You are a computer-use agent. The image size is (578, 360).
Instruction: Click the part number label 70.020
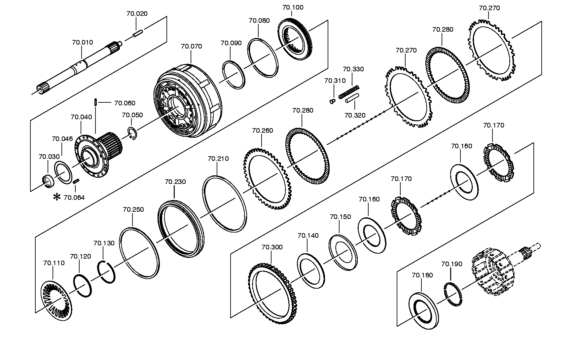tap(137, 14)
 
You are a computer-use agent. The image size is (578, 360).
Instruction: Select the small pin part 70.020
tap(138, 33)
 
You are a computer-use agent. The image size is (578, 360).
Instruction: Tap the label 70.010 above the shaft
tap(83, 42)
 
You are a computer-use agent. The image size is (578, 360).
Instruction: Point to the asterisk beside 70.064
tap(57, 197)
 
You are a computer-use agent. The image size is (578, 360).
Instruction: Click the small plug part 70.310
tap(332, 101)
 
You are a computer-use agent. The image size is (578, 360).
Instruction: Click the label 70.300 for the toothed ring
tap(272, 247)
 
